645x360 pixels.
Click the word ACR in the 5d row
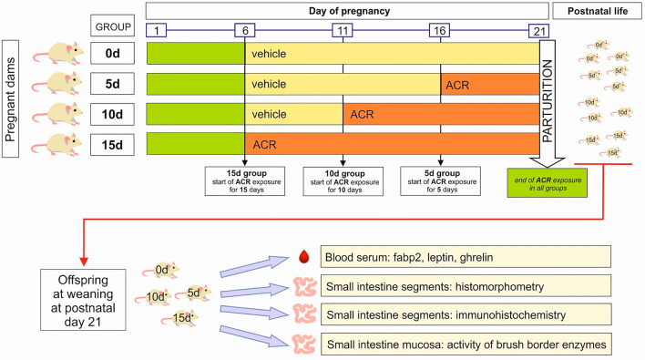459,84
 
